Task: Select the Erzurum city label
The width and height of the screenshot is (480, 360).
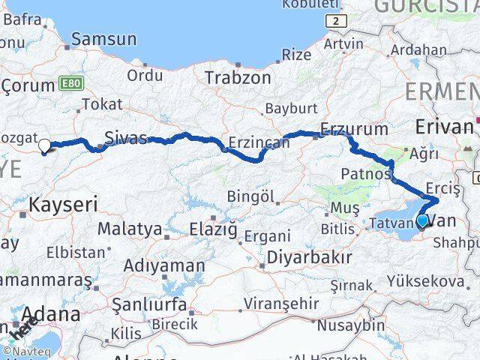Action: (x=354, y=128)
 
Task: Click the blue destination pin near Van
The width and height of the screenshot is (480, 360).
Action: (x=422, y=220)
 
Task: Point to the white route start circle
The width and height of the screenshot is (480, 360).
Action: (x=44, y=145)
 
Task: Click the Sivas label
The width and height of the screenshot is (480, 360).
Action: (x=124, y=137)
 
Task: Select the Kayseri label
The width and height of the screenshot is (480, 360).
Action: (x=64, y=202)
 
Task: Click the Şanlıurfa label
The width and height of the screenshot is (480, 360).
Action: (x=149, y=304)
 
